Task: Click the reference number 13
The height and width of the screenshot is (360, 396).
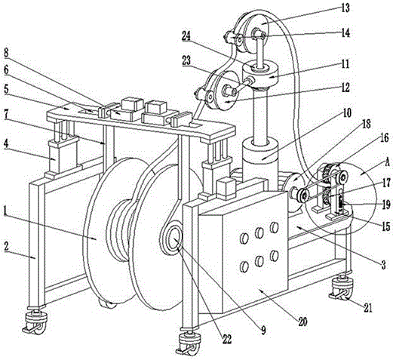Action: (x=345, y=8)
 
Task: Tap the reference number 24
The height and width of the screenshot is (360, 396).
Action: (x=187, y=36)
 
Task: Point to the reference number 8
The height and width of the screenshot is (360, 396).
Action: (x=6, y=53)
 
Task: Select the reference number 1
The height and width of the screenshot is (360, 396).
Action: (x=5, y=211)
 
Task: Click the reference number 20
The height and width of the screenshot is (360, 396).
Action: (x=302, y=322)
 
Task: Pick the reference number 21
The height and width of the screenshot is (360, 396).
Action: (x=368, y=308)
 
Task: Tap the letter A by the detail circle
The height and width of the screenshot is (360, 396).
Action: (x=387, y=163)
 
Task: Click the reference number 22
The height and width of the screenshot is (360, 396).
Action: (x=226, y=340)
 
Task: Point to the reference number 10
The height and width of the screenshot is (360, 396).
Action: (x=347, y=113)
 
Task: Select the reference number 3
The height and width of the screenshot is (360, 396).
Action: (x=384, y=265)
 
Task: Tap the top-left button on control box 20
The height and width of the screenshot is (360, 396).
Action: (x=244, y=238)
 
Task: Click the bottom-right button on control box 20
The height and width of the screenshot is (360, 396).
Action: (x=275, y=255)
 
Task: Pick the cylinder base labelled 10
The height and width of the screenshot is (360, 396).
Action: (x=261, y=152)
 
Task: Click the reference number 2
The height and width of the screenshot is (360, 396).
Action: (x=6, y=247)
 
